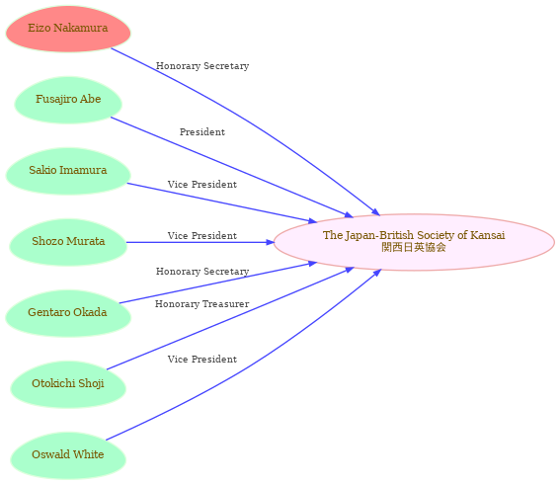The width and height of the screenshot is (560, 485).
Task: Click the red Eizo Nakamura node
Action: pyautogui.click(x=68, y=29)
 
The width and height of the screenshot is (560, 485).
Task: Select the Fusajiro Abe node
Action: pyautogui.click(x=68, y=100)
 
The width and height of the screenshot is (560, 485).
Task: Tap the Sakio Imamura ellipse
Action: pyautogui.click(x=68, y=171)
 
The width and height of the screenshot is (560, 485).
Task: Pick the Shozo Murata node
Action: pyautogui.click(x=68, y=242)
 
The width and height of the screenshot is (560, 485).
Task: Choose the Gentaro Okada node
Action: pyautogui.click(x=68, y=313)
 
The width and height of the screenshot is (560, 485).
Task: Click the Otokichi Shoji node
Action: pyautogui.click(x=68, y=384)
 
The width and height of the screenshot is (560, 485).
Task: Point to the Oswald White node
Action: pyautogui.click(x=68, y=455)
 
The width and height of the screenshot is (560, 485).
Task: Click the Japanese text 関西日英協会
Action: pyautogui.click(x=414, y=247)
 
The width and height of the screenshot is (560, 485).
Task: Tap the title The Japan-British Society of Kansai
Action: pyautogui.click(x=414, y=235)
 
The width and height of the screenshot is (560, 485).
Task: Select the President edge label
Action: pyautogui.click(x=202, y=131)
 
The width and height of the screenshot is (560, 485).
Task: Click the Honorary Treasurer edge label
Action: pyautogui.click(x=202, y=303)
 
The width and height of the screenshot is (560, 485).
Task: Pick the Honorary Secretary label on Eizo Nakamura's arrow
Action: pyautogui.click(x=202, y=66)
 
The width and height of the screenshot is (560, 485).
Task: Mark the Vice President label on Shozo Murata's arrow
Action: pyautogui.click(x=202, y=235)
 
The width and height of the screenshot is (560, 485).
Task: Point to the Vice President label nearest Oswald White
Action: pyautogui.click(x=202, y=359)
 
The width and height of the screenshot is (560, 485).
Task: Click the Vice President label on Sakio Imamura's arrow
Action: pyautogui.click(x=202, y=185)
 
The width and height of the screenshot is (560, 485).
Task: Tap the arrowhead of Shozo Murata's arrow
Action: pyautogui.click(x=271, y=242)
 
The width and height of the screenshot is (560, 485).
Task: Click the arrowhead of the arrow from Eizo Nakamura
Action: pyautogui.click(x=376, y=211)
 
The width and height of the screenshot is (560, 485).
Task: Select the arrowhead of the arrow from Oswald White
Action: pyautogui.click(x=377, y=273)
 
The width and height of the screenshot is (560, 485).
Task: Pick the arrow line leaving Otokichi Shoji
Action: pyautogui.click(x=229, y=319)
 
